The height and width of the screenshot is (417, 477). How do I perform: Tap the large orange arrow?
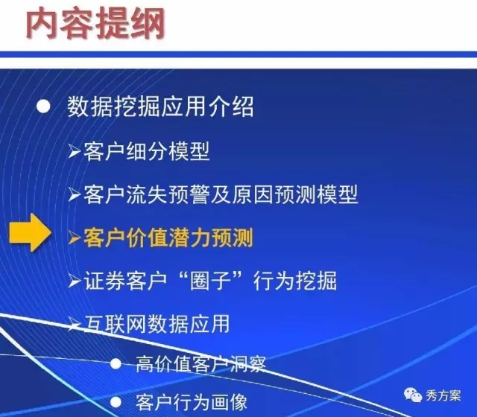tap(31, 232)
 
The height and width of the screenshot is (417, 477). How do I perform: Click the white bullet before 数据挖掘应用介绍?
tap(43, 106)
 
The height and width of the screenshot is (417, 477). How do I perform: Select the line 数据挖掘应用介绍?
tap(160, 106)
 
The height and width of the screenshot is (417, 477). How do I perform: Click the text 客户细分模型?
tap(147, 151)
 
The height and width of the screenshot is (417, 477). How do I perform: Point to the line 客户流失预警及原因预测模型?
tap(221, 194)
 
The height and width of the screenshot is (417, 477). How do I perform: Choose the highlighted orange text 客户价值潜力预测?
tap(168, 238)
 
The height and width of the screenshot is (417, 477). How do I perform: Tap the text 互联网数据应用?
tap(157, 324)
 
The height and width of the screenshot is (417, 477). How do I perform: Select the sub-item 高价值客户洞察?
tap(200, 364)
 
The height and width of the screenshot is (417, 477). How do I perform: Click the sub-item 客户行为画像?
tap(192, 402)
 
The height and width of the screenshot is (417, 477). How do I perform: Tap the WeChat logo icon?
tap(413, 395)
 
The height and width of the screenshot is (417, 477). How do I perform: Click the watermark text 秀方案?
tap(443, 395)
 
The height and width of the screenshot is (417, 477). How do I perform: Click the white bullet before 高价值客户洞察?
tap(116, 364)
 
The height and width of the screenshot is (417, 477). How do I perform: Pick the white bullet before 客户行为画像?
tap(116, 402)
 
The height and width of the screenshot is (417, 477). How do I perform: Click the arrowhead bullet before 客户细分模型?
tap(75, 151)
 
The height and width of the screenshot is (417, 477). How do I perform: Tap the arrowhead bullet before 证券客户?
tap(75, 281)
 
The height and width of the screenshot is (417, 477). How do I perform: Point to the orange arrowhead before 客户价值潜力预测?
tap(75, 238)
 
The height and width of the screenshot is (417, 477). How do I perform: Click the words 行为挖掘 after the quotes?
tap(295, 281)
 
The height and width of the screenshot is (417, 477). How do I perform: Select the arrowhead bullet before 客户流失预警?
tap(75, 194)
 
